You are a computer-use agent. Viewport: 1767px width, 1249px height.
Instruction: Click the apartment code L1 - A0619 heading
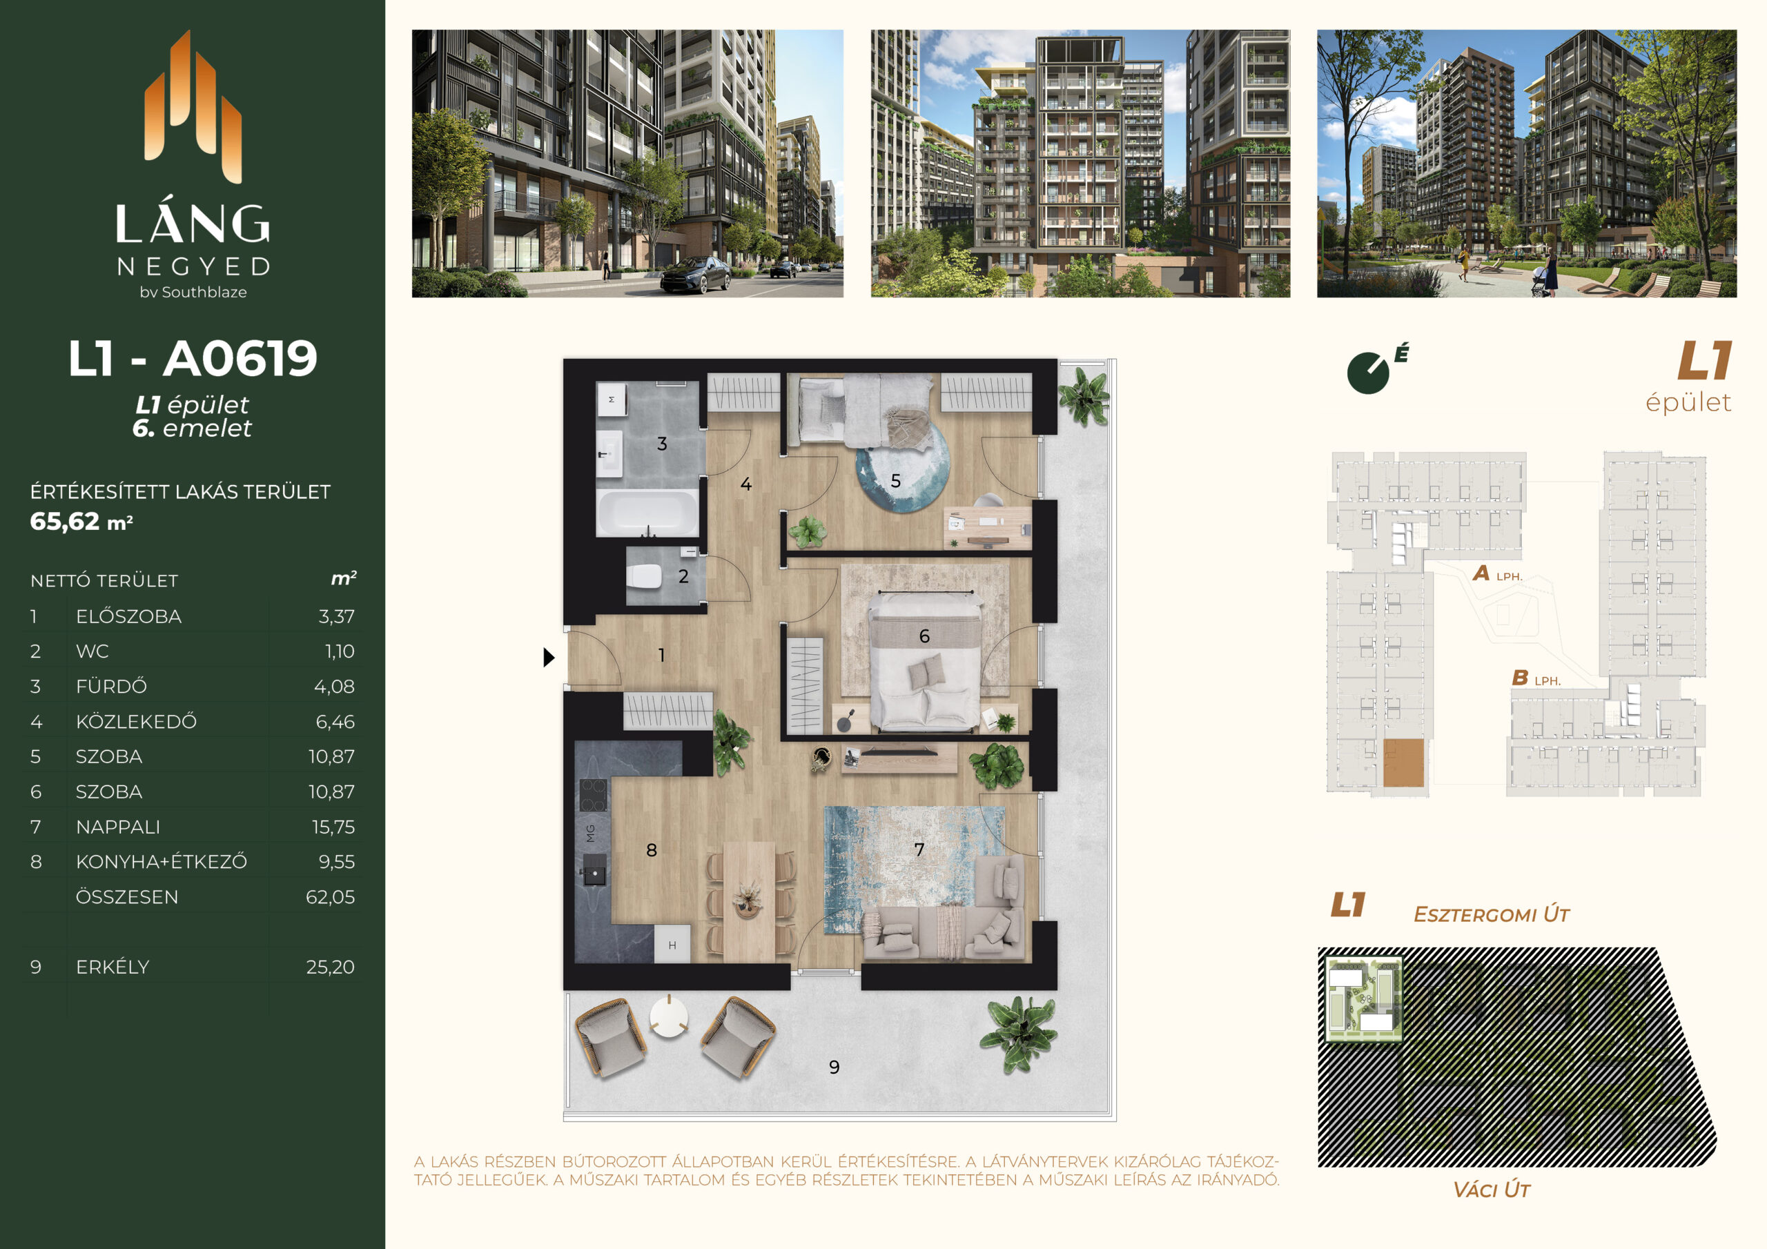(x=193, y=359)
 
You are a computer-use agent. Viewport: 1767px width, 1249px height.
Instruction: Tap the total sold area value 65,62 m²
(x=81, y=522)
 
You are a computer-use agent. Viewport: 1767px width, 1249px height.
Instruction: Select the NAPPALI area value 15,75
(x=333, y=827)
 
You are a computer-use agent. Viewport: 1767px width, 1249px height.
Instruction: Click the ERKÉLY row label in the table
(x=113, y=967)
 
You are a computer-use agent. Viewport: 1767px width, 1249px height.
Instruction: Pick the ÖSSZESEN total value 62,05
(x=330, y=896)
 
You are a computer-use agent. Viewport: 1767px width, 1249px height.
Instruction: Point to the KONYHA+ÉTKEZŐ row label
(x=162, y=861)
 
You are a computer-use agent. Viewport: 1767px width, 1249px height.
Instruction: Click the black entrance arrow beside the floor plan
(x=549, y=657)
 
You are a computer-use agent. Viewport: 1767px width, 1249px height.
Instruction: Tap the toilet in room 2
(x=644, y=576)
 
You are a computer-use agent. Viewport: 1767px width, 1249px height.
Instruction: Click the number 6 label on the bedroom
(x=924, y=636)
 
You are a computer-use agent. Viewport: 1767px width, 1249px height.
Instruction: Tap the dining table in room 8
(x=750, y=901)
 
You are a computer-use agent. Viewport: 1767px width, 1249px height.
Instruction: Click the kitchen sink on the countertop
(x=594, y=875)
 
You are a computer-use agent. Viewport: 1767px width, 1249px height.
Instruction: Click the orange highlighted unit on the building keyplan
(x=1403, y=763)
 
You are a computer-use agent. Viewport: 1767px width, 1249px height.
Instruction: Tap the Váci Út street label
(x=1491, y=1190)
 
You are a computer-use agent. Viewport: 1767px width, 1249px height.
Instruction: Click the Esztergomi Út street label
(x=1492, y=914)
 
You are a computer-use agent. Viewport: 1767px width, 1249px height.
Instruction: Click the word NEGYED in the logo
(x=193, y=266)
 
